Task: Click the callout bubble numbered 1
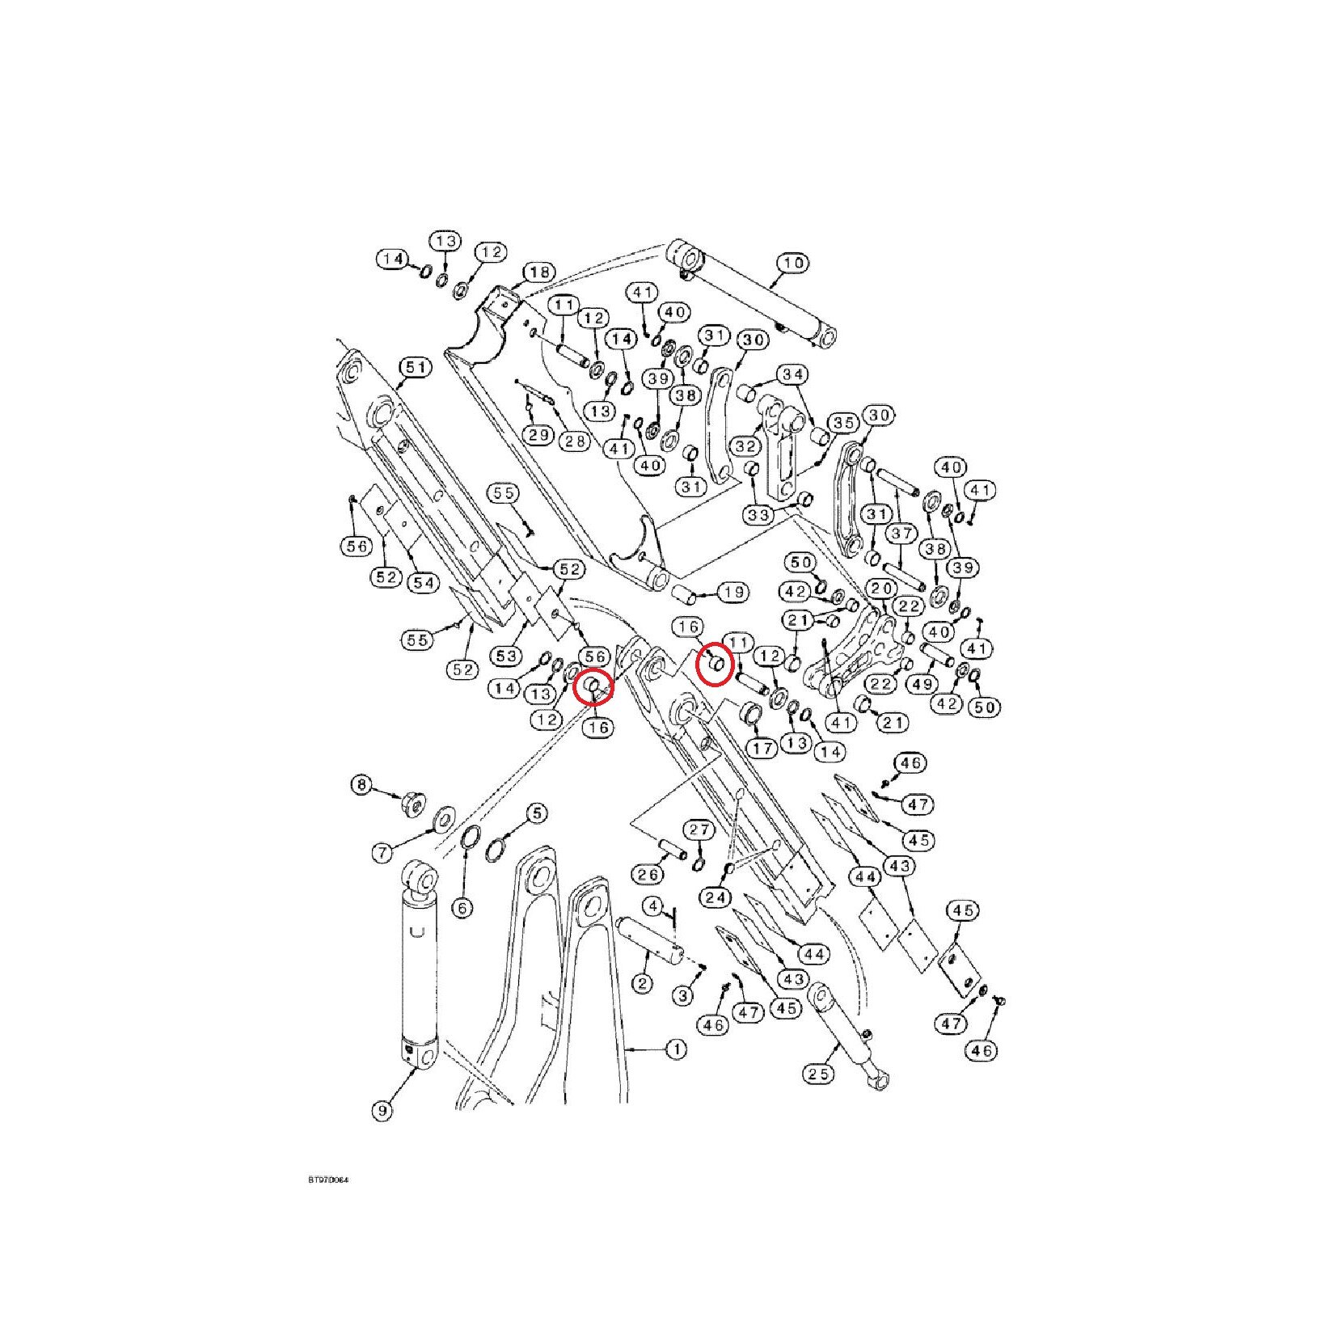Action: point(676,1049)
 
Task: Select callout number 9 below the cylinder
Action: point(382,1111)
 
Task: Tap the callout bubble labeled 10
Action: point(793,263)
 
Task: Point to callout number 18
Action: point(540,272)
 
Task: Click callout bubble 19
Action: point(733,593)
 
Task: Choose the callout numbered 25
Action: point(818,1074)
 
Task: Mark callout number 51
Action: point(416,368)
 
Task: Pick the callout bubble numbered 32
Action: point(745,446)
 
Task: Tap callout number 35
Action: point(843,423)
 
